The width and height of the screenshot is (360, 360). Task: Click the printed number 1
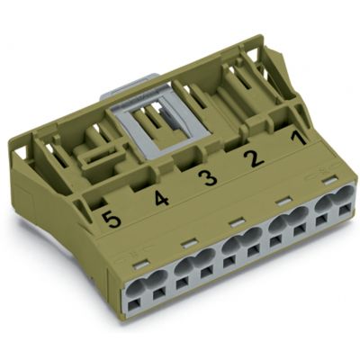(x=296, y=140)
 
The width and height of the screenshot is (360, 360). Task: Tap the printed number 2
(x=254, y=159)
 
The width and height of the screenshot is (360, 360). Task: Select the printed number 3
(x=208, y=177)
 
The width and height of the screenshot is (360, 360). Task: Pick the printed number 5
(x=111, y=219)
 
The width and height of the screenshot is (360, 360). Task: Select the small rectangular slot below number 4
(x=189, y=243)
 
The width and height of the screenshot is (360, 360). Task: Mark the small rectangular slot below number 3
(x=237, y=221)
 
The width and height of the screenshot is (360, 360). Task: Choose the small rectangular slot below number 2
(x=283, y=201)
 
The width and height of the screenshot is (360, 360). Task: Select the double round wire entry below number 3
(x=237, y=243)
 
